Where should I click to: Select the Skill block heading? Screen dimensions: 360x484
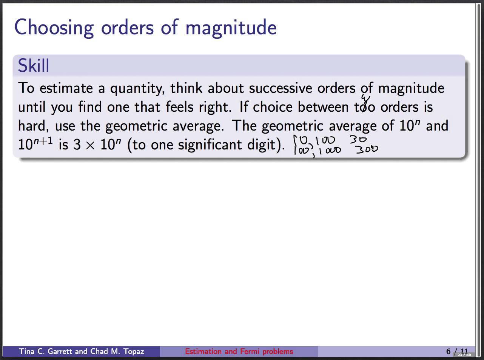pyautogui.click(x=34, y=66)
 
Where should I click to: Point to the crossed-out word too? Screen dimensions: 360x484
pyautogui.click(x=365, y=107)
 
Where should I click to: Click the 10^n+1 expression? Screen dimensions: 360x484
pyautogui.click(x=35, y=144)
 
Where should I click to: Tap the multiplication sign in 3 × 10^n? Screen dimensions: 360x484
pyautogui.click(x=90, y=145)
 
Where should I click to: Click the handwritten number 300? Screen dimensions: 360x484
pyautogui.click(x=366, y=150)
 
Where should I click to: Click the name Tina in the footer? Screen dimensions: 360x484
pyautogui.click(x=27, y=351)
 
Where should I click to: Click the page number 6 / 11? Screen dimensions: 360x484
pyautogui.click(x=456, y=351)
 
